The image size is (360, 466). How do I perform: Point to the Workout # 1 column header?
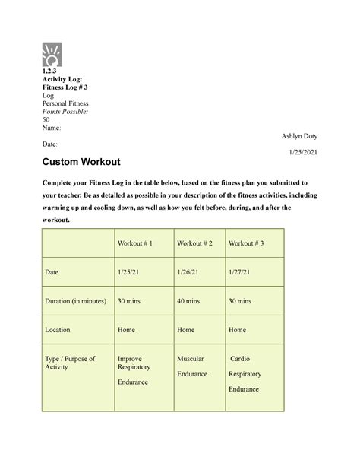click(135, 243)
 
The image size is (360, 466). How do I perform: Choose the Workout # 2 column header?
click(194, 243)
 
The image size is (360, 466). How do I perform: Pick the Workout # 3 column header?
click(246, 243)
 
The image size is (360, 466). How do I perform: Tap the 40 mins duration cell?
click(191, 301)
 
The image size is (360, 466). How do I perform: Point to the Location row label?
click(58, 330)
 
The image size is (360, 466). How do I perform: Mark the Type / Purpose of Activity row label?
click(70, 363)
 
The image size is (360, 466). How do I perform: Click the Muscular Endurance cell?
click(191, 366)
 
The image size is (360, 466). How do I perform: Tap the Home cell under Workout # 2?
click(186, 330)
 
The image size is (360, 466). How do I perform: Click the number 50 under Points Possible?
click(46, 120)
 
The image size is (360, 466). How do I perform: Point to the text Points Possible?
click(65, 112)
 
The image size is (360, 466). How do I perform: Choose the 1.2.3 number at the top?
click(51, 73)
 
